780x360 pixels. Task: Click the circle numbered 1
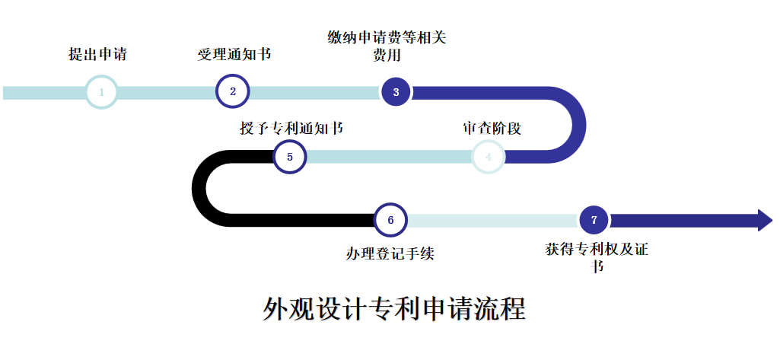pyautogui.click(x=101, y=92)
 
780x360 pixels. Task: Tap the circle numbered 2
pyautogui.click(x=233, y=91)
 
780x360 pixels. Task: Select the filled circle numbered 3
pyautogui.click(x=396, y=92)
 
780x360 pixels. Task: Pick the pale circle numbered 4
pyautogui.click(x=489, y=157)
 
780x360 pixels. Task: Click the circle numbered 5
pyautogui.click(x=289, y=157)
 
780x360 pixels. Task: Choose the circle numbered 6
pyautogui.click(x=390, y=220)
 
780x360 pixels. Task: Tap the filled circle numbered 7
pyautogui.click(x=594, y=220)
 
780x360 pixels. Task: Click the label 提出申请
pyautogui.click(x=97, y=55)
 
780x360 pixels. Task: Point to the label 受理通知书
pyautogui.click(x=234, y=55)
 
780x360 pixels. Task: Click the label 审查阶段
pyautogui.click(x=492, y=128)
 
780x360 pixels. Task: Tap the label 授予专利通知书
pyautogui.click(x=291, y=128)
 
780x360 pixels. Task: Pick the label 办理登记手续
pyautogui.click(x=390, y=253)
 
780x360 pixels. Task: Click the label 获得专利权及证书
pyautogui.click(x=597, y=257)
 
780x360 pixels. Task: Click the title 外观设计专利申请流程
pyautogui.click(x=394, y=310)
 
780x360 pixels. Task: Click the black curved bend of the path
pyautogui.click(x=200, y=188)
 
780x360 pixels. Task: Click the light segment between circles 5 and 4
pyautogui.click(x=388, y=157)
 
